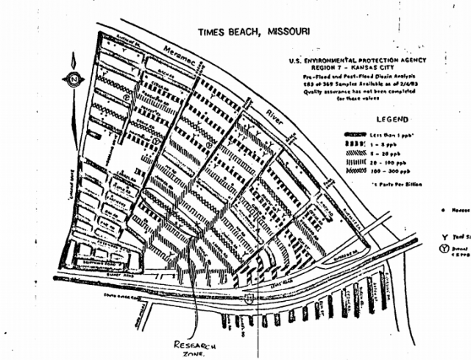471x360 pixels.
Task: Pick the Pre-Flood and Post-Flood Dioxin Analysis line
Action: coord(366,77)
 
